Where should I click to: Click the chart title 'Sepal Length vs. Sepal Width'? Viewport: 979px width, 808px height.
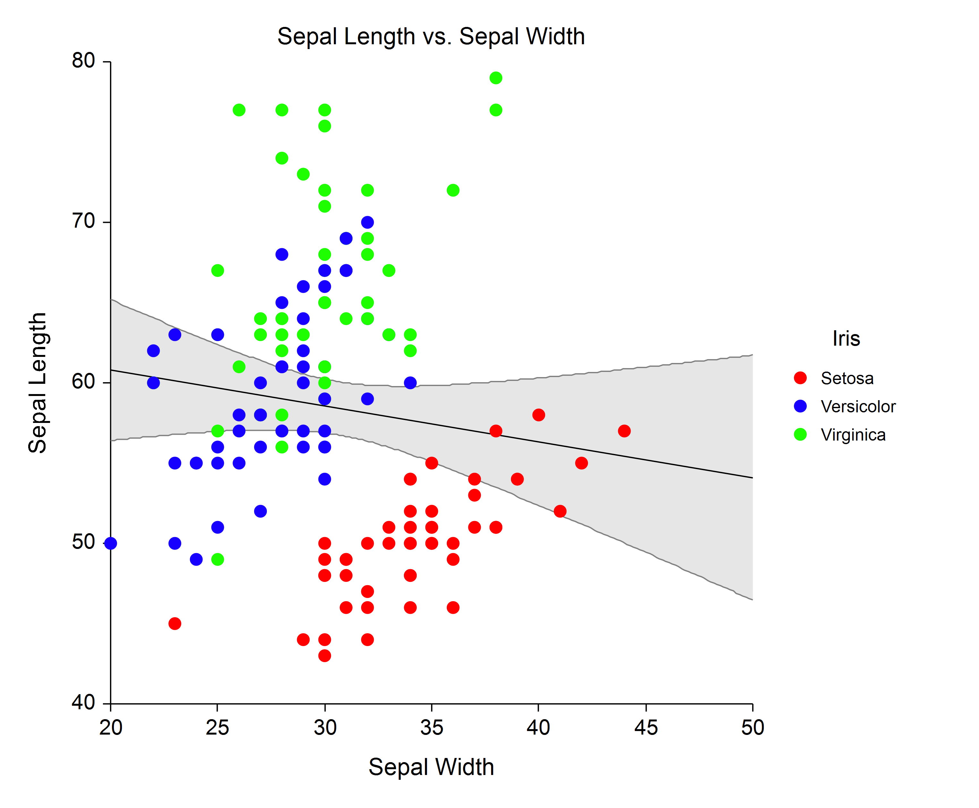point(430,36)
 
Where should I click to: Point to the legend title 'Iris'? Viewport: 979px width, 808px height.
point(846,338)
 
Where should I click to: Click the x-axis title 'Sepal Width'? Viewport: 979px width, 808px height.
point(430,767)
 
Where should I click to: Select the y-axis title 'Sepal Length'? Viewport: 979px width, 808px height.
point(37,383)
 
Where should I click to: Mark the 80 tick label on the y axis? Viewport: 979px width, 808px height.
point(83,61)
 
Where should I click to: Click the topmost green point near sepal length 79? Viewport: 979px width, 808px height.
point(496,78)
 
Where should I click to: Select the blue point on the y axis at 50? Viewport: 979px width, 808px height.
point(111,543)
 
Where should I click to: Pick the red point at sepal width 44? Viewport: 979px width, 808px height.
point(624,431)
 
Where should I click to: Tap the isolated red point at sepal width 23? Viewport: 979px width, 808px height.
point(175,623)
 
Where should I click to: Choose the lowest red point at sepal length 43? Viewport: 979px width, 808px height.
point(325,655)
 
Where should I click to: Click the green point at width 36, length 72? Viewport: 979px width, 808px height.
point(453,190)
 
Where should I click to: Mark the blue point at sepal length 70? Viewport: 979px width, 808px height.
point(367,222)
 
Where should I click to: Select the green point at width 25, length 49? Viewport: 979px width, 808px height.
point(217,559)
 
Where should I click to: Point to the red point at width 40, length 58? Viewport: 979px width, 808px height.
point(539,415)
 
